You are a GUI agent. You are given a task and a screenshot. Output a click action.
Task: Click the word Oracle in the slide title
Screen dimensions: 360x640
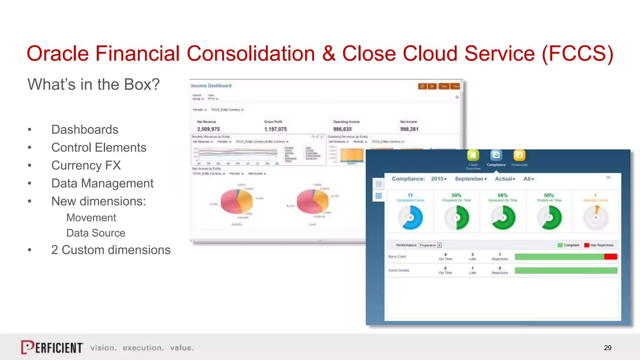[57, 53]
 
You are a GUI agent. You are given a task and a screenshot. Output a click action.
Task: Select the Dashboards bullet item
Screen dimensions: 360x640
[85, 129]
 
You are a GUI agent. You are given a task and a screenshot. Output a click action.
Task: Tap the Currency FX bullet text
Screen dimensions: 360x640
[86, 165]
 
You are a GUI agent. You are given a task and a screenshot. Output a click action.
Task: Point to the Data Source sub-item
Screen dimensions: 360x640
[96, 233]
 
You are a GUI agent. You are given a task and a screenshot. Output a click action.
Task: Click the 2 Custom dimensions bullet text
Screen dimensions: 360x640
[111, 250]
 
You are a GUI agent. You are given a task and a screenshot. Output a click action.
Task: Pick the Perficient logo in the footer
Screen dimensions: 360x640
[52, 347]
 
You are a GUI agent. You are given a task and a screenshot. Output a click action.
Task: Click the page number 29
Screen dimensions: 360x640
[607, 348]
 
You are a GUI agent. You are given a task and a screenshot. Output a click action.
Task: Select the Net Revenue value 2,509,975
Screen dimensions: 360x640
[208, 129]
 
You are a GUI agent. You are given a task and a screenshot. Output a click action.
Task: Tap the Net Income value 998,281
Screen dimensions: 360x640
[409, 129]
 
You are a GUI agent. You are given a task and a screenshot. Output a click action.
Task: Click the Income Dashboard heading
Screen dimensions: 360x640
[211, 86]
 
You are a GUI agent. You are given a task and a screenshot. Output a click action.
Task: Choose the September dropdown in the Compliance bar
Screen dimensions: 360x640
[471, 179]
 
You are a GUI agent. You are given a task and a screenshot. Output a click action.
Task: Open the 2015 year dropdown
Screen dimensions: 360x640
[439, 179]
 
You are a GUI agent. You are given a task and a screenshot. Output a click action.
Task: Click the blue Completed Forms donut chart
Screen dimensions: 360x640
[410, 217]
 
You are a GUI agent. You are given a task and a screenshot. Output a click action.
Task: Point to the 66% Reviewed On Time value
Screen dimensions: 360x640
[502, 195]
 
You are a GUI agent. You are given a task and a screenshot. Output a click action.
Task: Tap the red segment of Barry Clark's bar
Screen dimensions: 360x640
[611, 257]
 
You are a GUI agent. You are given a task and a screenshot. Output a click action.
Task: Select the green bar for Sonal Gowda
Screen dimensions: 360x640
[566, 270]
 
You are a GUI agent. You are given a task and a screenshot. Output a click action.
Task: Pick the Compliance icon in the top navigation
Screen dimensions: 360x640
[496, 155]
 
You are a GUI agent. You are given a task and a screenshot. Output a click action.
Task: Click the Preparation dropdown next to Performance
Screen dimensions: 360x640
[430, 245]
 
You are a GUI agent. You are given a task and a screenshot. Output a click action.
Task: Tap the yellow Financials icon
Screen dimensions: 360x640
[519, 155]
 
